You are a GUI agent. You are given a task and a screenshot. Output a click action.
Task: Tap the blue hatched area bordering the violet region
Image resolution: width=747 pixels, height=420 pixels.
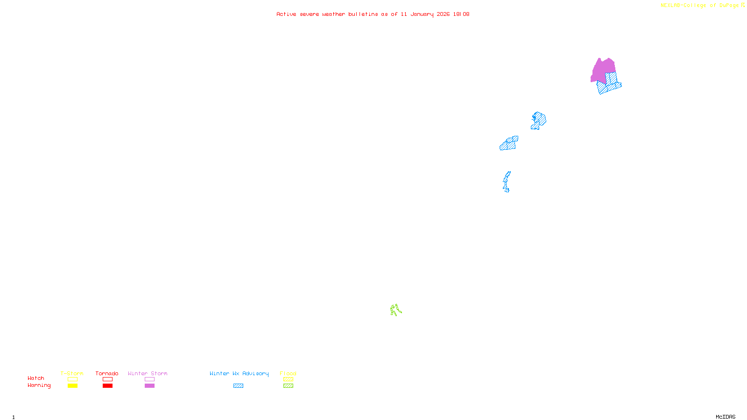(609, 86)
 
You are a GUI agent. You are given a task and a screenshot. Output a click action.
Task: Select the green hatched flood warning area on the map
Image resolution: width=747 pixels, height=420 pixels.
(395, 309)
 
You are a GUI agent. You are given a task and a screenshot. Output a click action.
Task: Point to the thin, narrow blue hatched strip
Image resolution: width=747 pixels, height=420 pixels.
(507, 181)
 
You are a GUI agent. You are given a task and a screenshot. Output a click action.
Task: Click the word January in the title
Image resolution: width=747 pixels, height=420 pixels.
(422, 14)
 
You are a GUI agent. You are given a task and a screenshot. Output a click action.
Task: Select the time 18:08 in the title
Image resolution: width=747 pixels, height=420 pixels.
(461, 14)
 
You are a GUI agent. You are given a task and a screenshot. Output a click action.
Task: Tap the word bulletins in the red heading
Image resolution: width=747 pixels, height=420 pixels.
(363, 14)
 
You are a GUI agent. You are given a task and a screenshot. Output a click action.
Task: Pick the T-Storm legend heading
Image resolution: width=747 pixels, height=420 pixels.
(72, 373)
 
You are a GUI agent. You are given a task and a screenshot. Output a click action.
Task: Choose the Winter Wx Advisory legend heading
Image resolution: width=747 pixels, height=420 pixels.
(239, 373)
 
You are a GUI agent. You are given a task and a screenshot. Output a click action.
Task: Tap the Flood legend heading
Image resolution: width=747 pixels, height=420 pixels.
(288, 373)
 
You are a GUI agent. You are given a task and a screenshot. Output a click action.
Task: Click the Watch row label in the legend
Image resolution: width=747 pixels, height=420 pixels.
(36, 378)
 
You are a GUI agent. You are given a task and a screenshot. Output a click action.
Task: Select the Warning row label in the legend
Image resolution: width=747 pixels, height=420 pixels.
(39, 385)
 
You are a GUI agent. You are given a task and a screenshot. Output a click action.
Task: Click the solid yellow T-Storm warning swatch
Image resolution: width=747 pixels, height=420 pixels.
(72, 386)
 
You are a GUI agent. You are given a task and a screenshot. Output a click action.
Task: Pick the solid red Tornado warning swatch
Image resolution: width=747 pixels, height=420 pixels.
(107, 386)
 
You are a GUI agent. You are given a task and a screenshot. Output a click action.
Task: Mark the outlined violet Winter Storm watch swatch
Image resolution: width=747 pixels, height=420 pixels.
(149, 379)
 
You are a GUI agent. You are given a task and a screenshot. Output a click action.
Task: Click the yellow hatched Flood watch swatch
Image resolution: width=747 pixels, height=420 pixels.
(288, 379)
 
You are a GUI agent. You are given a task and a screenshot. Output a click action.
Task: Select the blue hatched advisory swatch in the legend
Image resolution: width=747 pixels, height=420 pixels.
(238, 386)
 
